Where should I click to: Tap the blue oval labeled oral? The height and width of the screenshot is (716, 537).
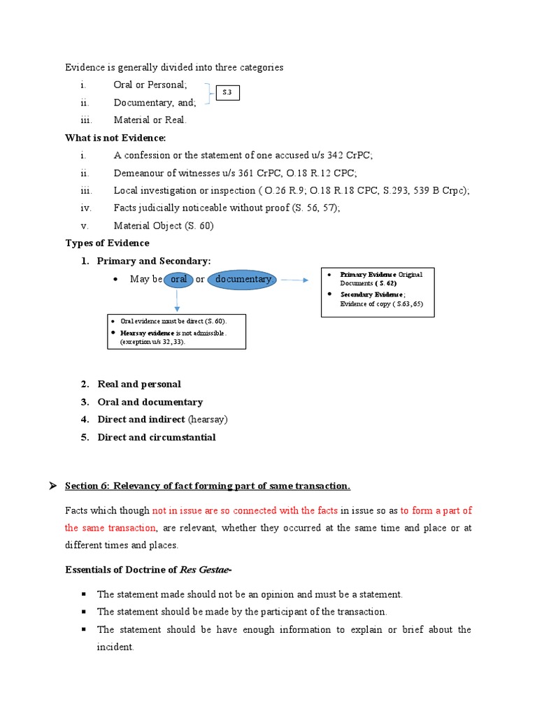tap(179, 280)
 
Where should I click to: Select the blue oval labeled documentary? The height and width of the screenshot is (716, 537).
tap(242, 280)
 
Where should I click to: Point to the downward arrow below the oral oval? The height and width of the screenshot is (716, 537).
tap(177, 300)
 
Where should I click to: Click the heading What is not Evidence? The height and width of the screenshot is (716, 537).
tap(115, 138)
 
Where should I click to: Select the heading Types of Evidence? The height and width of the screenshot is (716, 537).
tap(107, 243)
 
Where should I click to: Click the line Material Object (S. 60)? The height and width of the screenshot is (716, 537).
tap(164, 225)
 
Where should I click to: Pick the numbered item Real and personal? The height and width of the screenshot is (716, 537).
tap(139, 384)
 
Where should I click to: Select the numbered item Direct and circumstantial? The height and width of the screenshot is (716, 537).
tap(157, 437)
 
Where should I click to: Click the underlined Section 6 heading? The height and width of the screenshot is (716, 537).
tap(208, 486)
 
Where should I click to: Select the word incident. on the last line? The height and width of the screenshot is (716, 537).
tap(115, 647)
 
